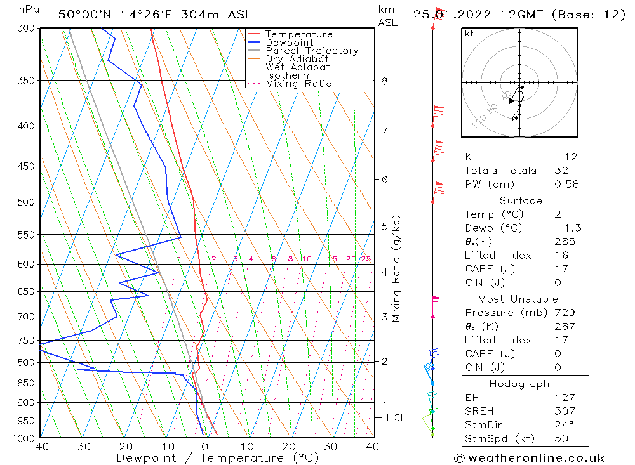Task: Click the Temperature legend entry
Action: (298, 34)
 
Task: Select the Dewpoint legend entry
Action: (289, 43)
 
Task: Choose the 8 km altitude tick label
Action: (385, 81)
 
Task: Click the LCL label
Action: (396, 418)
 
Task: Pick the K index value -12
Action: (561, 157)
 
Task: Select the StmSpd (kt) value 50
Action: (561, 438)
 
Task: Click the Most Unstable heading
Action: (518, 299)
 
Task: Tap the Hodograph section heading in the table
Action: (518, 384)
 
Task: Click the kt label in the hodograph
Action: (469, 34)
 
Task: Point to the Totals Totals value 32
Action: (561, 170)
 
